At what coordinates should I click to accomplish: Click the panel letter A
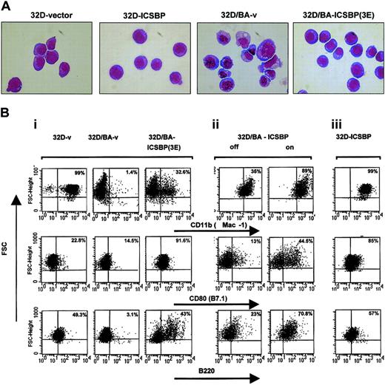point(6,7)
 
